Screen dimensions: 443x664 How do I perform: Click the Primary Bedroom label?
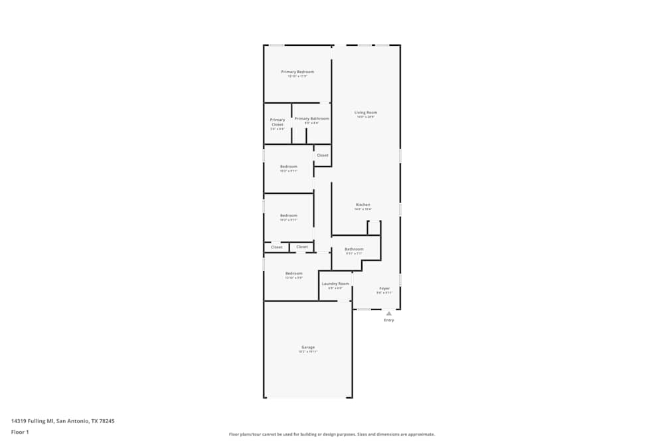pyautogui.click(x=297, y=72)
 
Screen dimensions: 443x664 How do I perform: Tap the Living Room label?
pyautogui.click(x=366, y=113)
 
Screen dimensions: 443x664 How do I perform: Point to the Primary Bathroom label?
pyautogui.click(x=311, y=119)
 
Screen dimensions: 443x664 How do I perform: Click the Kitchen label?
pyautogui.click(x=363, y=205)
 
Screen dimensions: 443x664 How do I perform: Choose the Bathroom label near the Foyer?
pyautogui.click(x=354, y=249)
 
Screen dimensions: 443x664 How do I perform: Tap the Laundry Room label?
pyautogui.click(x=335, y=284)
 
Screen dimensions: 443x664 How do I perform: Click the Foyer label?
pyautogui.click(x=384, y=288)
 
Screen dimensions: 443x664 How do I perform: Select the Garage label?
pyautogui.click(x=308, y=347)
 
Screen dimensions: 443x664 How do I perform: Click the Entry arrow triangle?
pyautogui.click(x=389, y=313)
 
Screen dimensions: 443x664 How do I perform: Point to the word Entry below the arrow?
pyautogui.click(x=389, y=320)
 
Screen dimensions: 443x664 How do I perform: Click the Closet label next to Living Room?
pyautogui.click(x=322, y=155)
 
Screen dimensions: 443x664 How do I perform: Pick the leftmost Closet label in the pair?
pyautogui.click(x=277, y=247)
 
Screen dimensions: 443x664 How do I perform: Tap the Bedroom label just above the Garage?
pyautogui.click(x=294, y=274)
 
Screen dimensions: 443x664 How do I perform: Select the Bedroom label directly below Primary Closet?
pyautogui.click(x=288, y=167)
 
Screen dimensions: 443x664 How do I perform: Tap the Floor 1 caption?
pyautogui.click(x=20, y=432)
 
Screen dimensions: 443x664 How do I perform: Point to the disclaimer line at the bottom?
pyautogui.click(x=332, y=434)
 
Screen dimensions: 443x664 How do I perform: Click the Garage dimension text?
pyautogui.click(x=308, y=352)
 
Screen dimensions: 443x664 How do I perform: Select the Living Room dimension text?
pyautogui.click(x=366, y=117)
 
